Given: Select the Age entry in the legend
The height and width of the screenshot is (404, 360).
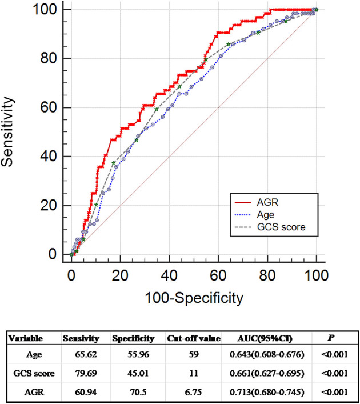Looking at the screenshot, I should (255, 214).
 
